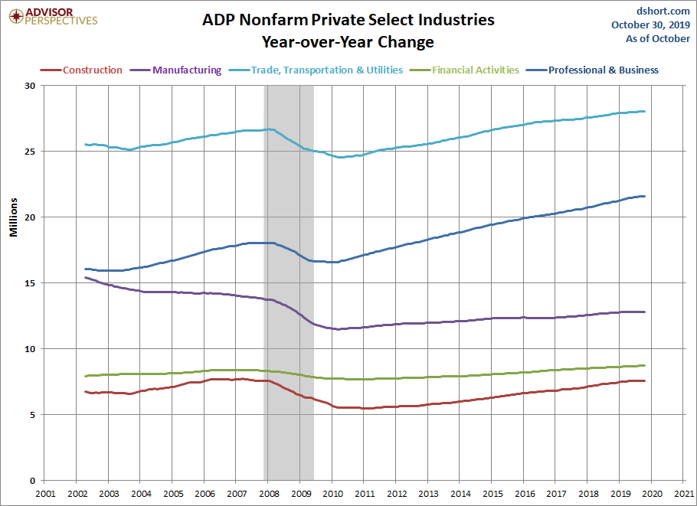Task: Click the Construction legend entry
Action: click(x=81, y=70)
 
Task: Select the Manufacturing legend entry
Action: click(x=176, y=70)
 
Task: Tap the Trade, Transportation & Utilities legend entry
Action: click(x=316, y=70)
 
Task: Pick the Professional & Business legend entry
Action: click(x=593, y=70)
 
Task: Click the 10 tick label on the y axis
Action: click(x=30, y=349)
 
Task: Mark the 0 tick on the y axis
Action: click(x=32, y=481)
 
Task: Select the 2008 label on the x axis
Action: click(x=270, y=494)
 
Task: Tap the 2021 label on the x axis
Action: click(x=684, y=494)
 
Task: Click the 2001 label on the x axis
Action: click(x=45, y=494)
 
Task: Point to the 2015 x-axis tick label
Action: click(x=492, y=494)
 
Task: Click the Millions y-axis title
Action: click(x=13, y=217)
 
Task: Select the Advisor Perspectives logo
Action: click(x=53, y=17)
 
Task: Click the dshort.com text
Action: click(x=663, y=11)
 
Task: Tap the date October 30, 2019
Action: click(x=651, y=24)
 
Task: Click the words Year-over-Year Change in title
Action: click(x=348, y=42)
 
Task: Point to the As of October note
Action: click(x=658, y=38)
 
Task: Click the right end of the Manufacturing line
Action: click(x=644, y=312)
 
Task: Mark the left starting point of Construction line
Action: click(x=85, y=391)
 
